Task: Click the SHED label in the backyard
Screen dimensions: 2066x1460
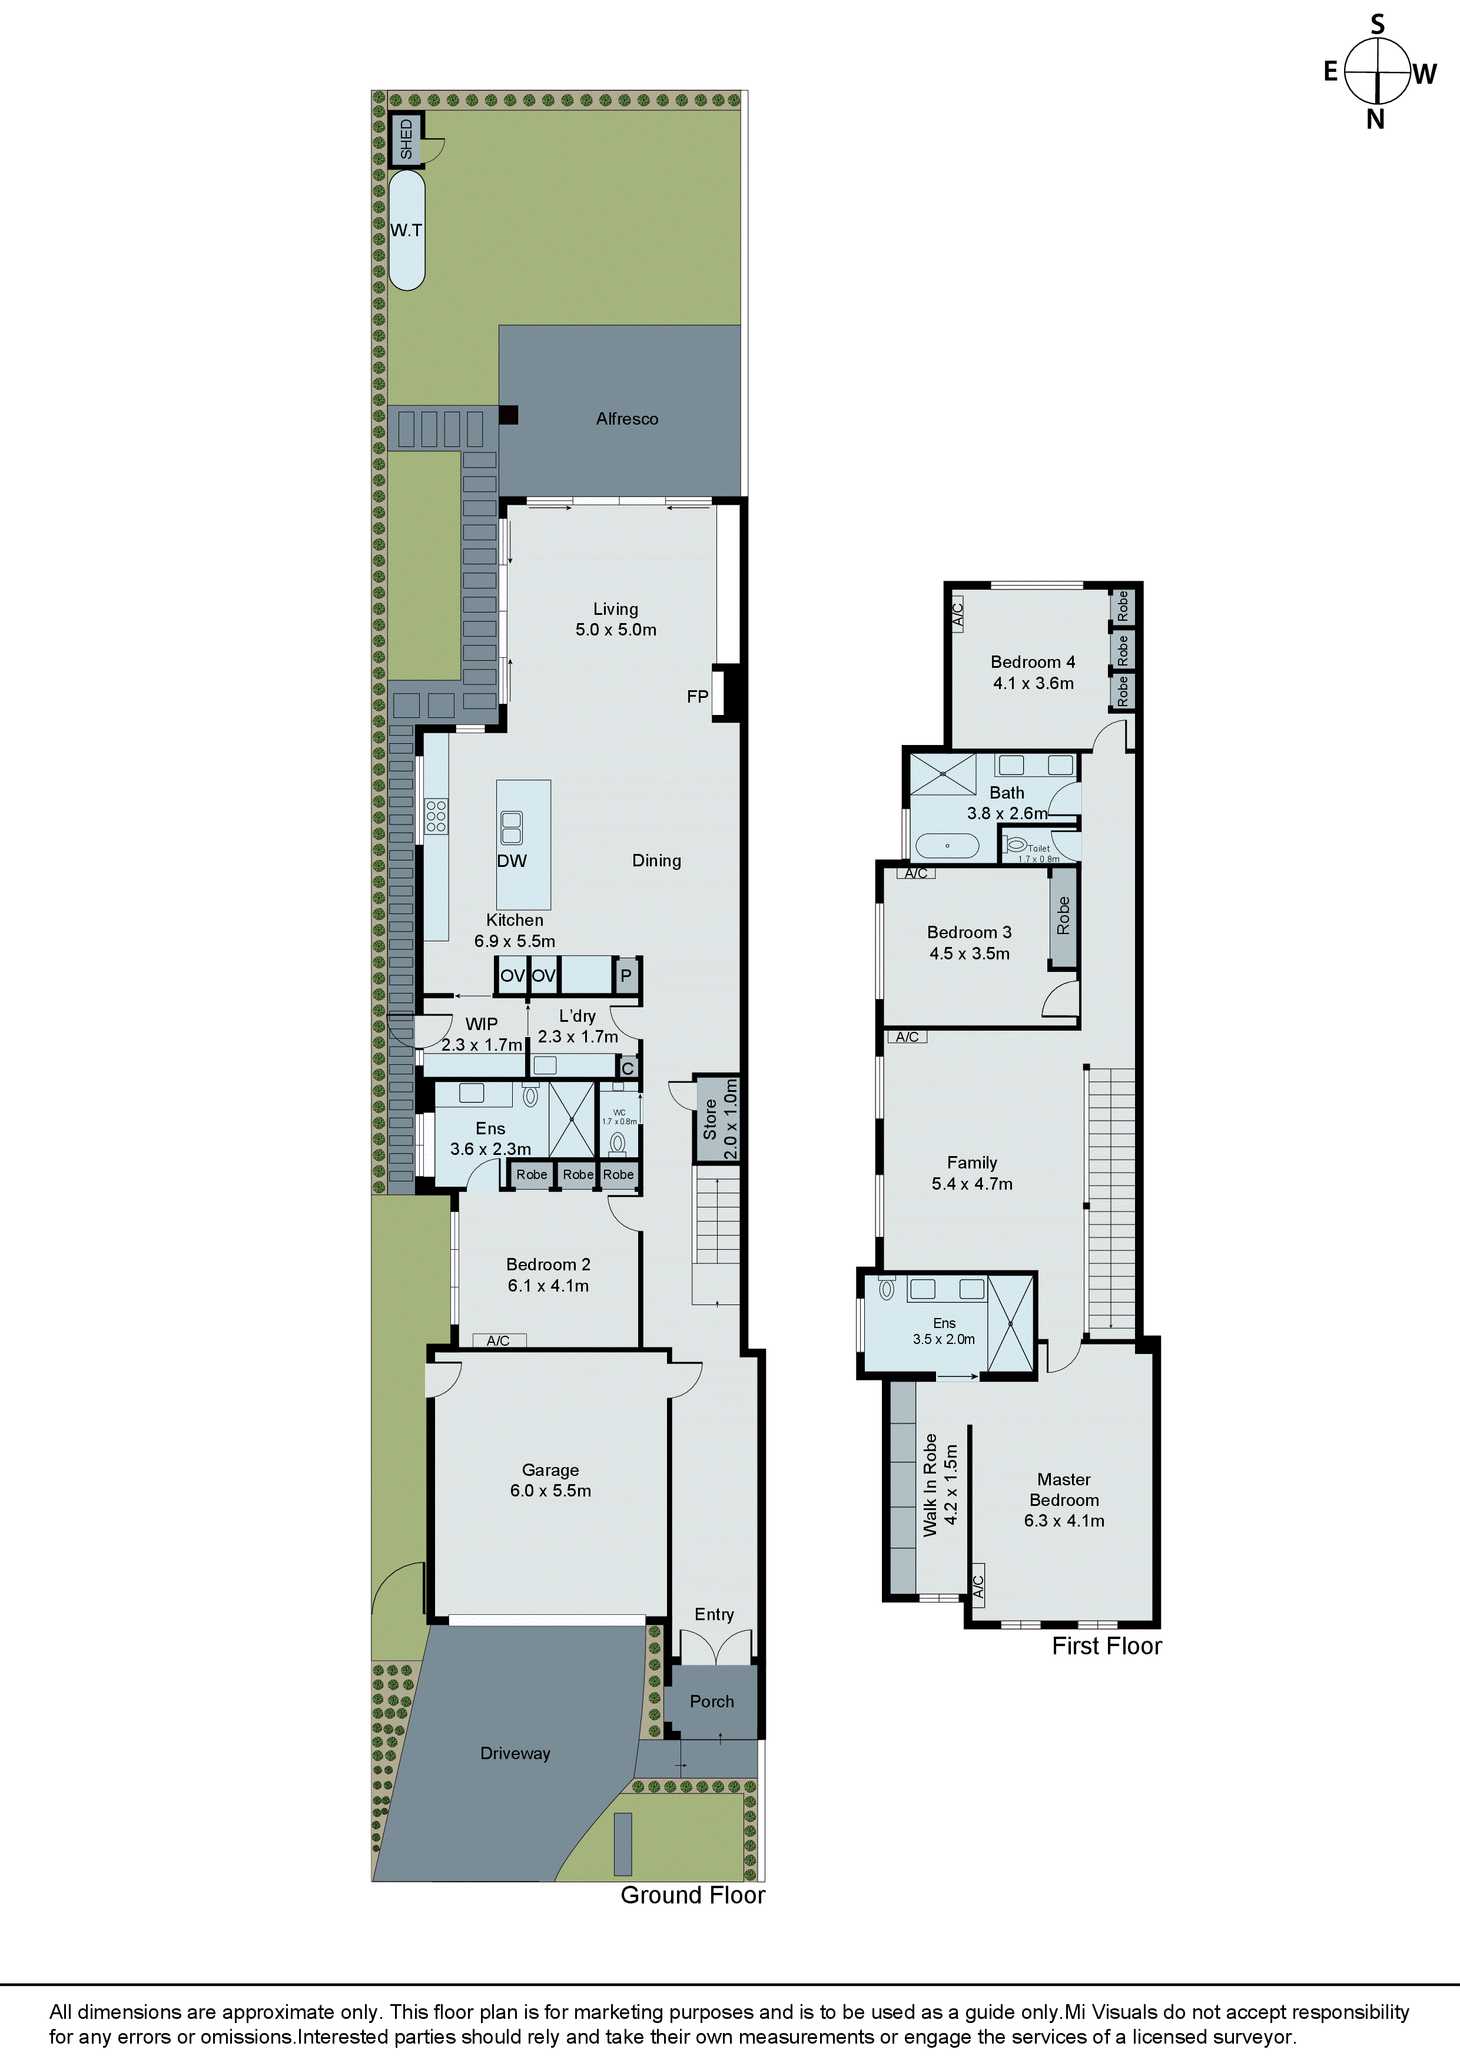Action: tap(406, 140)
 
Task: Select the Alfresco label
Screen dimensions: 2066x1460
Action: tap(627, 418)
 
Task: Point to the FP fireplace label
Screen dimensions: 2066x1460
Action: tap(697, 697)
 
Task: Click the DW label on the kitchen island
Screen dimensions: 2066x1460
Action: tap(512, 861)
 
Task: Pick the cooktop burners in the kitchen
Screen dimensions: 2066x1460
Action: tap(436, 815)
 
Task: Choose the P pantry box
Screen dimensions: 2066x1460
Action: tap(626, 975)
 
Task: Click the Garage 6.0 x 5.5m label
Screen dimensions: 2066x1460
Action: tap(550, 1480)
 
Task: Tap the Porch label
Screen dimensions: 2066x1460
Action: tap(712, 1701)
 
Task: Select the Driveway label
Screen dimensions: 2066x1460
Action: tap(515, 1753)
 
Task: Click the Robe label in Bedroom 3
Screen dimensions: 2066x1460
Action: tap(1063, 915)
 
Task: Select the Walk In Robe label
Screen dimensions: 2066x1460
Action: tap(940, 1485)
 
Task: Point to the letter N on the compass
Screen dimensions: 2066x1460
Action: tap(1375, 120)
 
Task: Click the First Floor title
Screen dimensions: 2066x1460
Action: tap(1106, 1645)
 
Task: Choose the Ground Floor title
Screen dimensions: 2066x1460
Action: tap(693, 1895)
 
